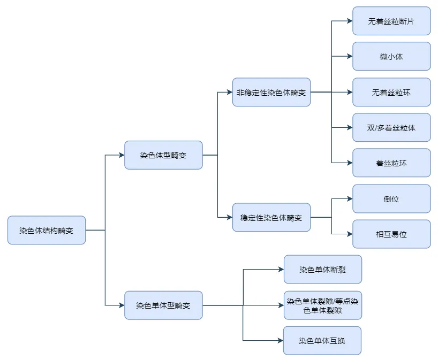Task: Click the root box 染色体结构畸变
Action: [x=47, y=230]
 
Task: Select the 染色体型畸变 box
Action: [x=163, y=155]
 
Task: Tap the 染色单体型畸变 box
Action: [x=163, y=305]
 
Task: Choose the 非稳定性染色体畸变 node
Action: [x=271, y=92]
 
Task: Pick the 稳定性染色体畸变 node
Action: [x=271, y=217]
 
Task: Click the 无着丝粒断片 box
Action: [x=391, y=21]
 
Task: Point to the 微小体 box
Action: [x=391, y=56]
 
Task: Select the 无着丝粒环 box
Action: [x=391, y=92]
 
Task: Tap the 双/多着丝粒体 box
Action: [x=391, y=127]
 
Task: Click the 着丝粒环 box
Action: [x=391, y=163]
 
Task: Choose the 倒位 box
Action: [x=391, y=199]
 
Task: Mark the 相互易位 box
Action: [x=391, y=234]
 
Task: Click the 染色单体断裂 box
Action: [x=322, y=269]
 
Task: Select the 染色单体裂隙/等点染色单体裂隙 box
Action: [x=322, y=305]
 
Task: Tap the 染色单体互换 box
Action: [x=322, y=340]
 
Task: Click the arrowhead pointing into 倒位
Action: [x=350, y=199]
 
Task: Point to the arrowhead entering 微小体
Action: [x=350, y=56]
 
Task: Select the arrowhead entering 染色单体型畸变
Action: [x=122, y=305]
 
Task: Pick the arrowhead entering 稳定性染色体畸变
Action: [x=230, y=217]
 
